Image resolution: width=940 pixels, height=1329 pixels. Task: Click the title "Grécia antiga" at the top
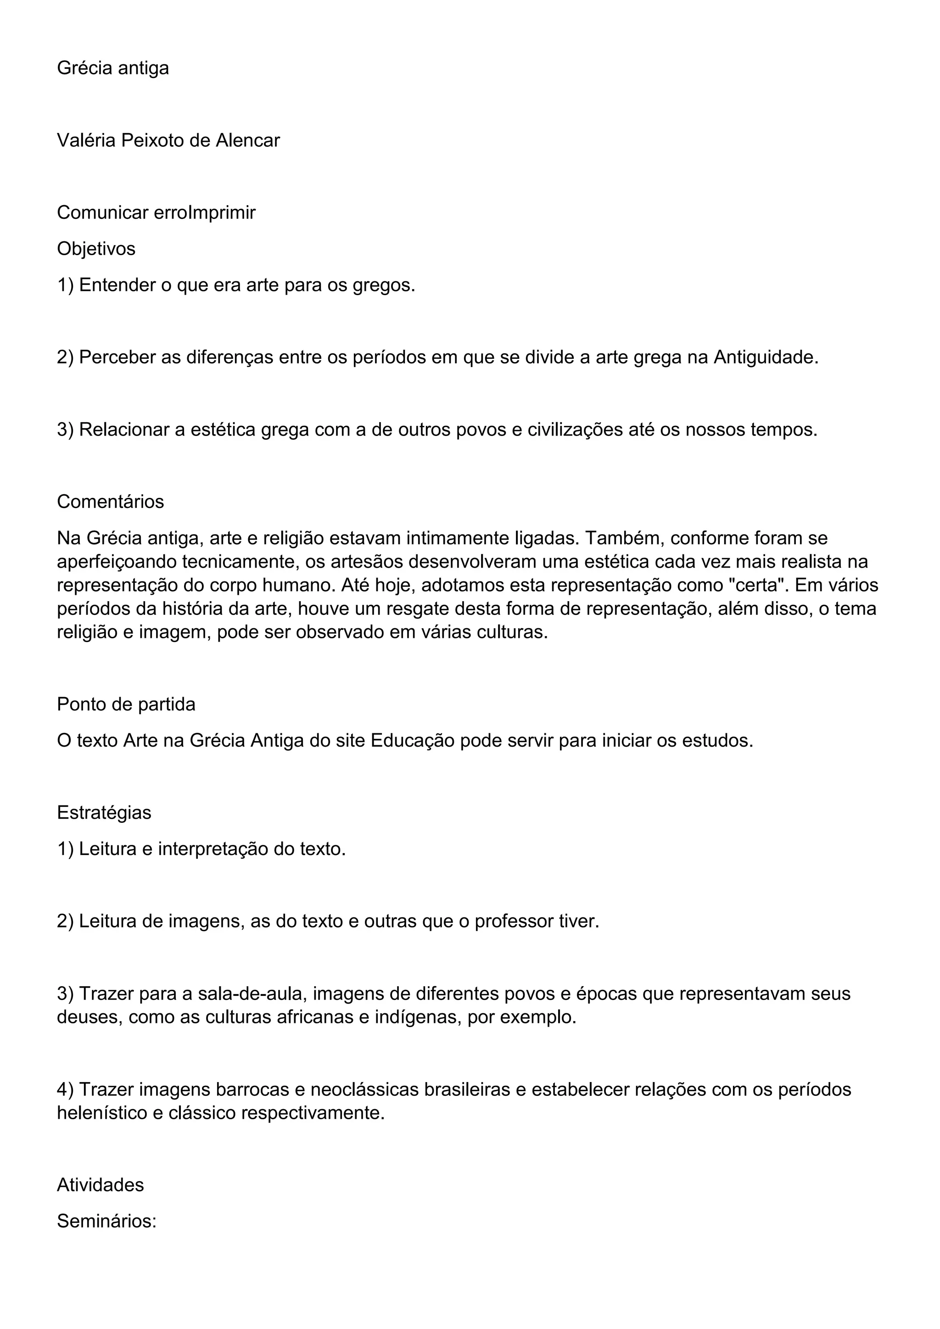pos(113,68)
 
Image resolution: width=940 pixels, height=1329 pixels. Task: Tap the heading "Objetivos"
pos(96,249)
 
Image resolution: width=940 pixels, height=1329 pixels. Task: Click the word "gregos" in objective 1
pos(384,285)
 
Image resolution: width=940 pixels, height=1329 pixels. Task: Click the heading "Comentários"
pos(111,502)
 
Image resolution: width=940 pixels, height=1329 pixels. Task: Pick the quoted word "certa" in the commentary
pos(757,585)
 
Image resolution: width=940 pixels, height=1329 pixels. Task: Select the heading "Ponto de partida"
pos(126,704)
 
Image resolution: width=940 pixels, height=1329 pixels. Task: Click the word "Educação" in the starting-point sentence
pos(412,741)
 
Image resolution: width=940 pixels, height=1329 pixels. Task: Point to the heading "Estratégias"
pos(104,813)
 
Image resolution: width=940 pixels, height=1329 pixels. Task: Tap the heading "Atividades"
pos(100,1185)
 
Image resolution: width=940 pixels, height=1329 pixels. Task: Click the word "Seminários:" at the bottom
pos(107,1221)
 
